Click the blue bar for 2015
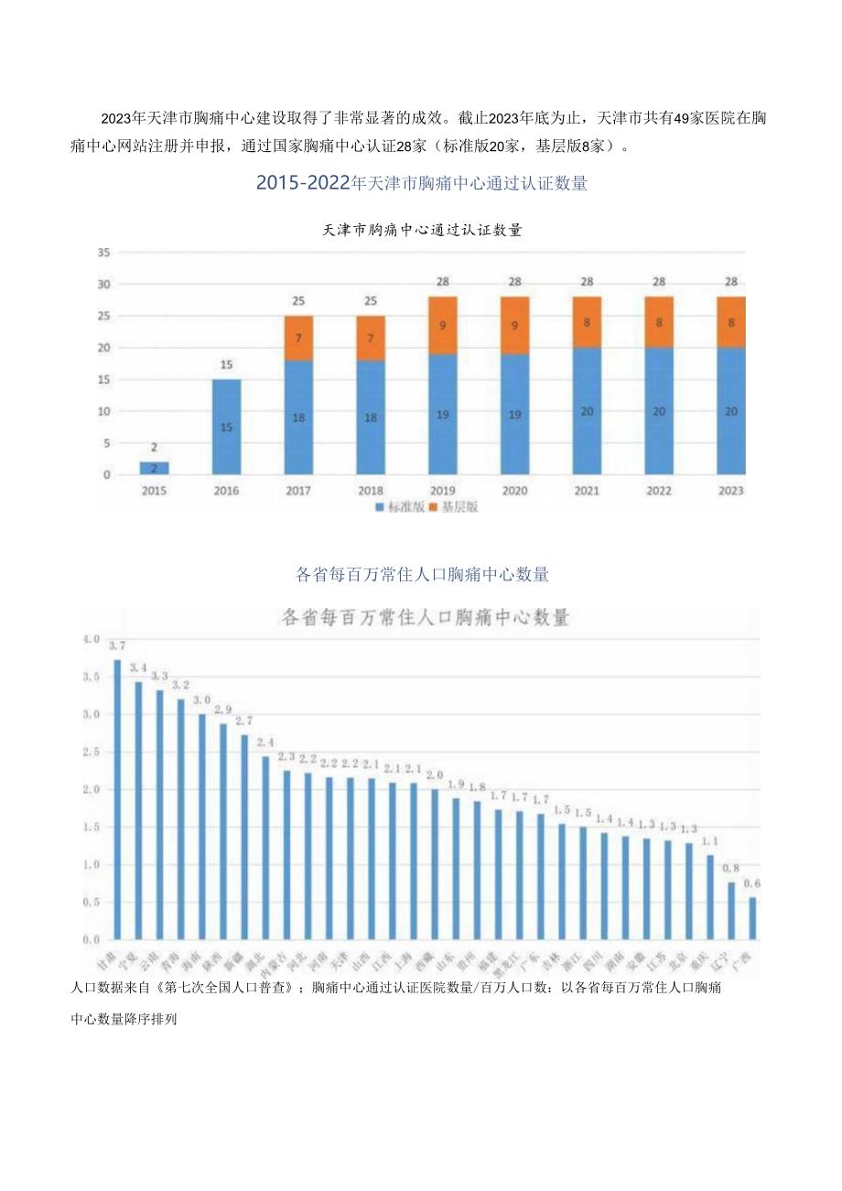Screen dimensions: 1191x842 click(155, 468)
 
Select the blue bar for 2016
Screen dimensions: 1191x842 click(226, 427)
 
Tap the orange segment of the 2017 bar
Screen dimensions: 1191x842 click(298, 338)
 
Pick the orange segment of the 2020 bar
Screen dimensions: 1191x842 click(515, 324)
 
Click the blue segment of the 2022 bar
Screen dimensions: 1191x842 click(659, 411)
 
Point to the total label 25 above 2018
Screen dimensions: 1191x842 click(371, 301)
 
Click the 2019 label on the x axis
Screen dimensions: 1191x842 click(443, 492)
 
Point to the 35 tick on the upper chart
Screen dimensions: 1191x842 click(103, 253)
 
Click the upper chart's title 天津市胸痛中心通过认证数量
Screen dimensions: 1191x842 click(423, 230)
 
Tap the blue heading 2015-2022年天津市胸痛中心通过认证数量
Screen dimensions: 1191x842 click(421, 183)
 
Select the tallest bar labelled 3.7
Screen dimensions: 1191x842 click(117, 799)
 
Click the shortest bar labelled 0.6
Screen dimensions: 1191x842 click(752, 918)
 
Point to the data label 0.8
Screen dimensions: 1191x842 click(731, 868)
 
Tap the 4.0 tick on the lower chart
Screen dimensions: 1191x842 click(91, 639)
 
